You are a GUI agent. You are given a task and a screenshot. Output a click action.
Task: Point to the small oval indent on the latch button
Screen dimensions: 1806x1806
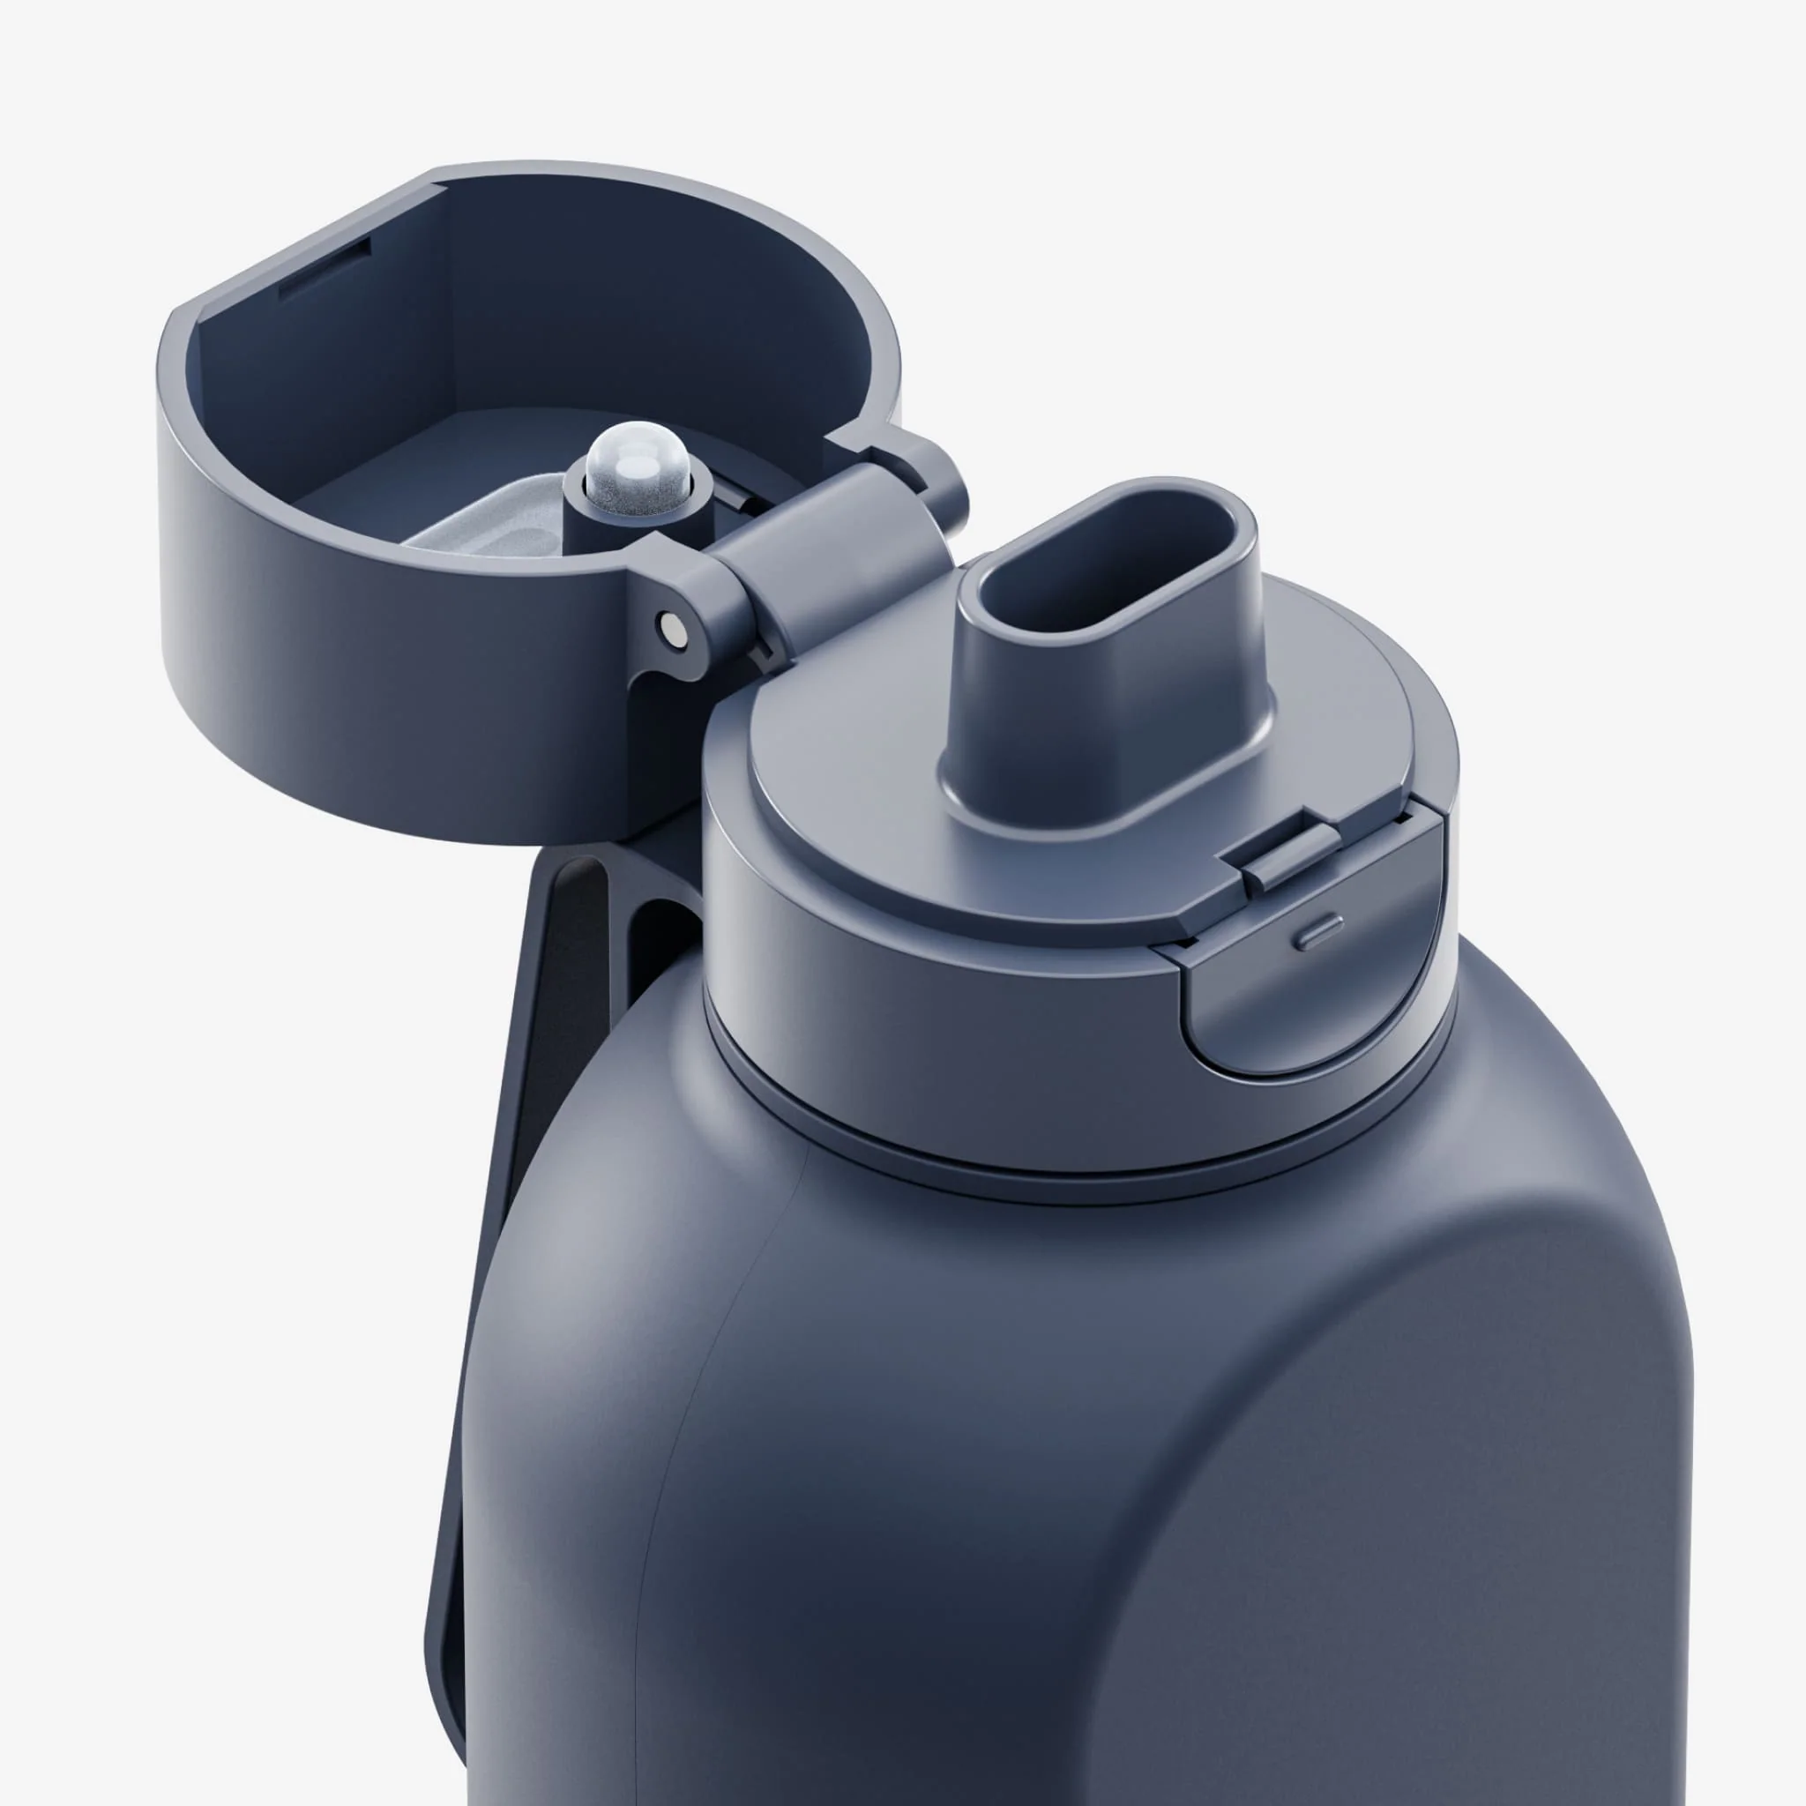click(1322, 932)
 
